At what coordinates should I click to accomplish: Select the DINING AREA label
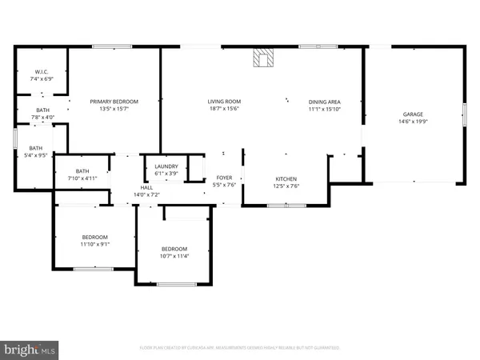pos(325,102)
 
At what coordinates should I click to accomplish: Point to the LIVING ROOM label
pos(224,102)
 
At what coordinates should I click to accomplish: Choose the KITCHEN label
pos(286,178)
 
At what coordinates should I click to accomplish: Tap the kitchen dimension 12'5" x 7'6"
pos(286,186)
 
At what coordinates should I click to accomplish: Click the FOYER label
pos(224,178)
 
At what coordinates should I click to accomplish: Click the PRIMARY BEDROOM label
pos(114,102)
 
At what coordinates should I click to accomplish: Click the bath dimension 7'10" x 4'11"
pos(82,178)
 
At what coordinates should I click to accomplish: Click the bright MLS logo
pos(30,350)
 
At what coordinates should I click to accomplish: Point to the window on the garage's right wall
pos(464,115)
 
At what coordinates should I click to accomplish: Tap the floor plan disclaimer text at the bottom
pos(240,348)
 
